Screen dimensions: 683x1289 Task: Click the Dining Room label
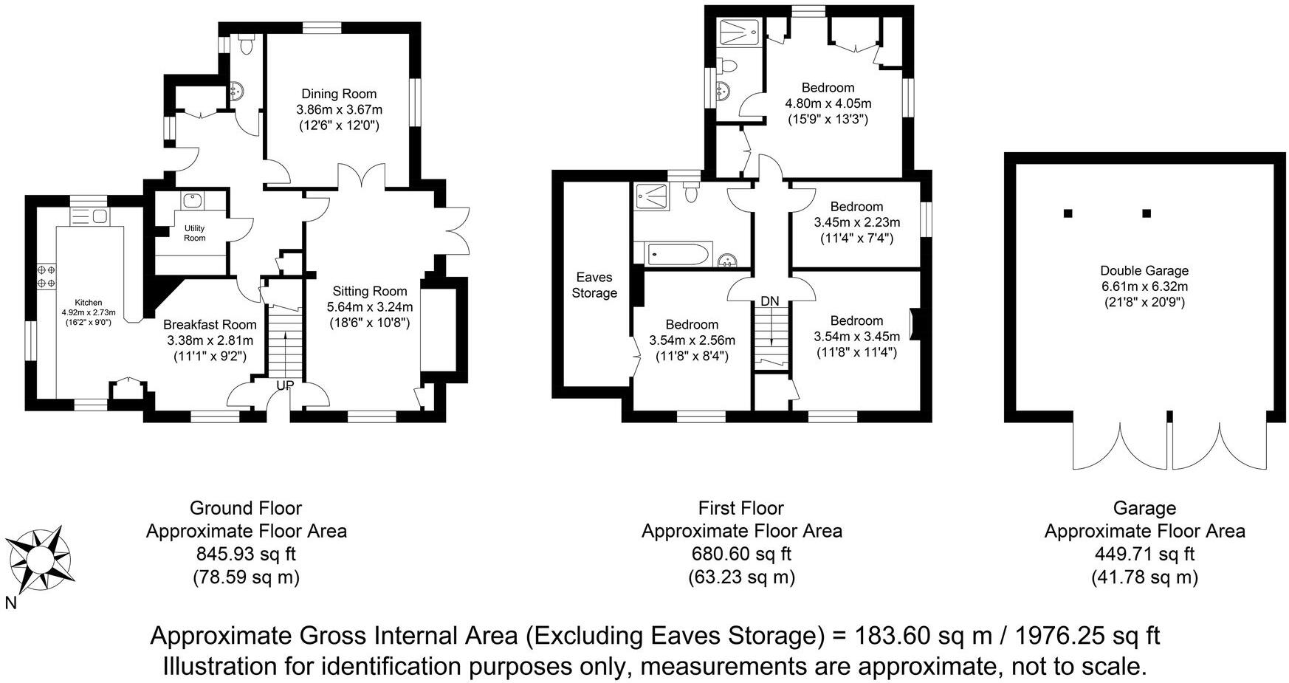[339, 94]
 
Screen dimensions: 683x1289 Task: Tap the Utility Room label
[194, 233]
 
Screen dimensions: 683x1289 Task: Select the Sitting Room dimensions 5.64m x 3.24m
[369, 306]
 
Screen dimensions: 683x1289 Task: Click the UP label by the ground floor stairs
[285, 385]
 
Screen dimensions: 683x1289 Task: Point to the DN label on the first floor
[770, 301]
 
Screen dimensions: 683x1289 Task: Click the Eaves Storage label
[594, 285]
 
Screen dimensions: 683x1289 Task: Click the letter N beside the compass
[10, 603]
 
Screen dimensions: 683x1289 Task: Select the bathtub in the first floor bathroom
[678, 255]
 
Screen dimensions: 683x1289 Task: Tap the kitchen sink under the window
[89, 216]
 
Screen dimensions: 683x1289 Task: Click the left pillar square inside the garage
[1068, 213]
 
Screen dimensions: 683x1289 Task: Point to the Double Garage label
[1144, 271]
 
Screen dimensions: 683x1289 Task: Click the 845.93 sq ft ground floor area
[246, 554]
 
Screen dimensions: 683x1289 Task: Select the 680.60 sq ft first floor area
[741, 554]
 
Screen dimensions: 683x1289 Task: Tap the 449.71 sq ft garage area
[1144, 554]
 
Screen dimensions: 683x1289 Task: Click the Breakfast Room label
[210, 325]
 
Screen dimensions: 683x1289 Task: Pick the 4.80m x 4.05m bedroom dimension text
[828, 103]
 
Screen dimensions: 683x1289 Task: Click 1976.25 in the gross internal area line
[1063, 636]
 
